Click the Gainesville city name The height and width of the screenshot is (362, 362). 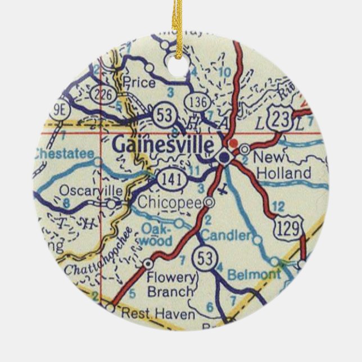click(163, 145)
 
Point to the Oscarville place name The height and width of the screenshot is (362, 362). click(90, 191)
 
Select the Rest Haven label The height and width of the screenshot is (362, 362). click(156, 313)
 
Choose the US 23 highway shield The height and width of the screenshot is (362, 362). click(279, 117)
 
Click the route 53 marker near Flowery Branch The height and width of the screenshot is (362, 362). click(203, 259)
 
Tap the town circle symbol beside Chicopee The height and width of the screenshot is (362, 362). click(210, 202)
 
